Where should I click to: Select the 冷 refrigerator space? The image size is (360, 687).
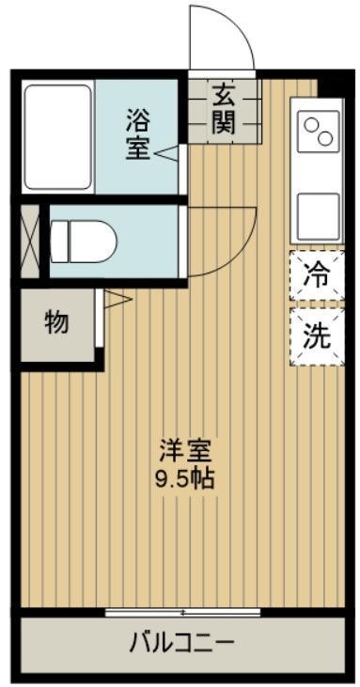(x=316, y=276)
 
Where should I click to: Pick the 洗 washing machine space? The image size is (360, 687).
(x=316, y=336)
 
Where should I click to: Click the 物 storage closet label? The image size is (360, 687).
(x=56, y=323)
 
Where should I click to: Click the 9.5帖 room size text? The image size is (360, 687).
(x=184, y=476)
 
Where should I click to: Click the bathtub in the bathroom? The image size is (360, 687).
(x=56, y=138)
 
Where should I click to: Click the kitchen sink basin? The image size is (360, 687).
(x=317, y=216)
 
